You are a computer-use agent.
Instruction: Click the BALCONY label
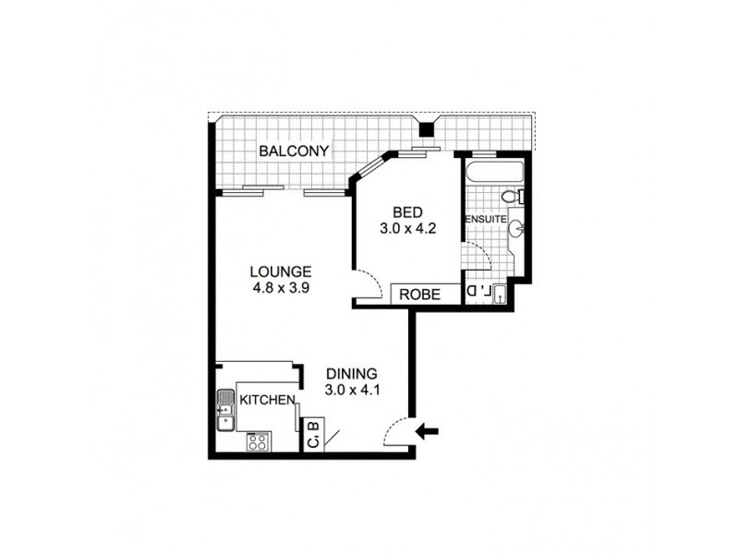click(295, 151)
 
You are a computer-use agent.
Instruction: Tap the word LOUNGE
click(280, 271)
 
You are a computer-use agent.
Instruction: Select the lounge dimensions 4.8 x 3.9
click(280, 287)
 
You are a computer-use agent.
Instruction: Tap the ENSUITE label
click(484, 219)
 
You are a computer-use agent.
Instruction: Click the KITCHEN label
click(267, 400)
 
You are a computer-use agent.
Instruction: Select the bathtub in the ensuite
click(494, 173)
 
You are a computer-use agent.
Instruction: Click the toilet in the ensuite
click(511, 197)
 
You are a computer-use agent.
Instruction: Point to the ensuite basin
click(517, 228)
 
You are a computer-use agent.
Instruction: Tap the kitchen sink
click(224, 412)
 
